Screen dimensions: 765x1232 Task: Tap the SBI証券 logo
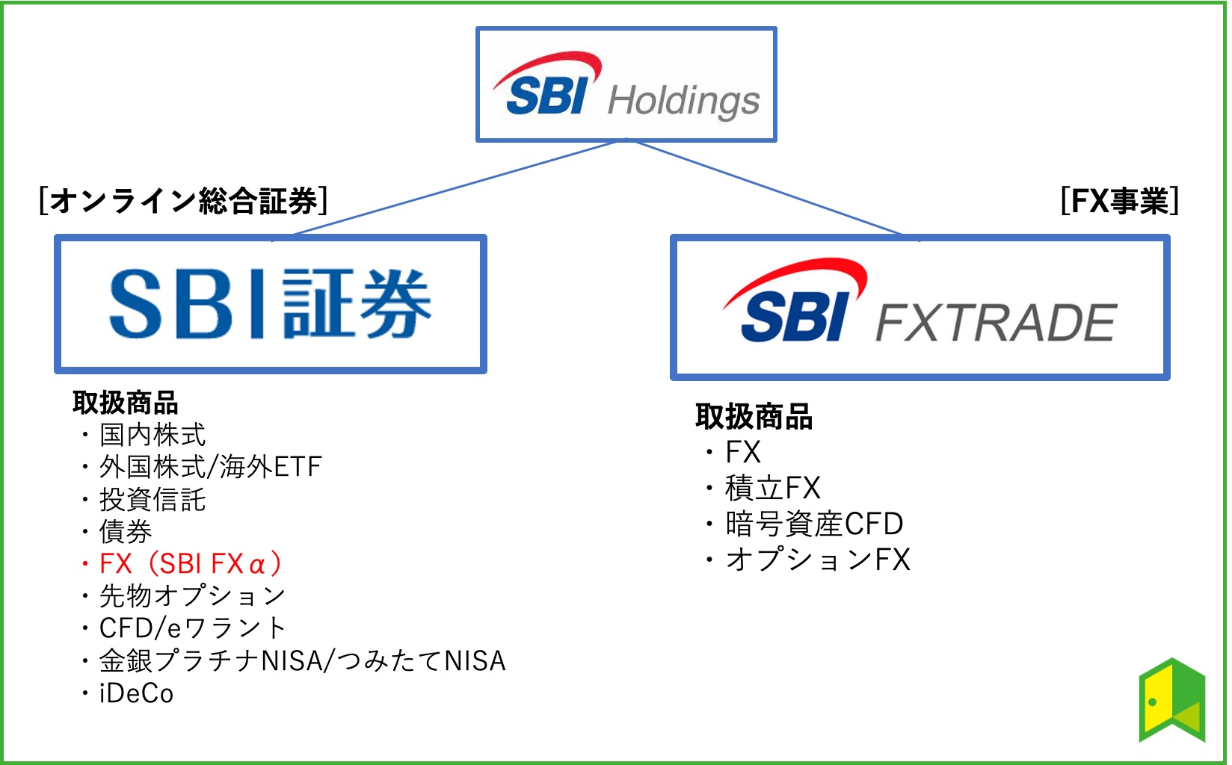click(270, 304)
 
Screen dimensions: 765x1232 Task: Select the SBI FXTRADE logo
click(920, 307)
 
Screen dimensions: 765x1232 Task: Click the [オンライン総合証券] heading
click(182, 201)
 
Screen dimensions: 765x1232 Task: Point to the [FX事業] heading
click(1119, 201)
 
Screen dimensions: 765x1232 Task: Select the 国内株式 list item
click(152, 434)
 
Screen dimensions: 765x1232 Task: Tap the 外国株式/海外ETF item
click(210, 467)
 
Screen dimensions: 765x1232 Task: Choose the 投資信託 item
click(152, 499)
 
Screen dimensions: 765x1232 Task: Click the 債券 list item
click(126, 531)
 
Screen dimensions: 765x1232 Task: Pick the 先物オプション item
click(192, 595)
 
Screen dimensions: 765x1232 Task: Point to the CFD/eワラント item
click(192, 628)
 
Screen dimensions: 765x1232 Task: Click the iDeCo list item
click(136, 693)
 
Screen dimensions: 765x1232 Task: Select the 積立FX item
click(772, 488)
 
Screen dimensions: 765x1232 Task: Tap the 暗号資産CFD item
click(813, 524)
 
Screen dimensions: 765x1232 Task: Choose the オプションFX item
click(818, 559)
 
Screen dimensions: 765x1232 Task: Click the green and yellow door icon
click(1171, 700)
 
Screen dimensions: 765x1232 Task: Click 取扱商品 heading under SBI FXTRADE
click(754, 416)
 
